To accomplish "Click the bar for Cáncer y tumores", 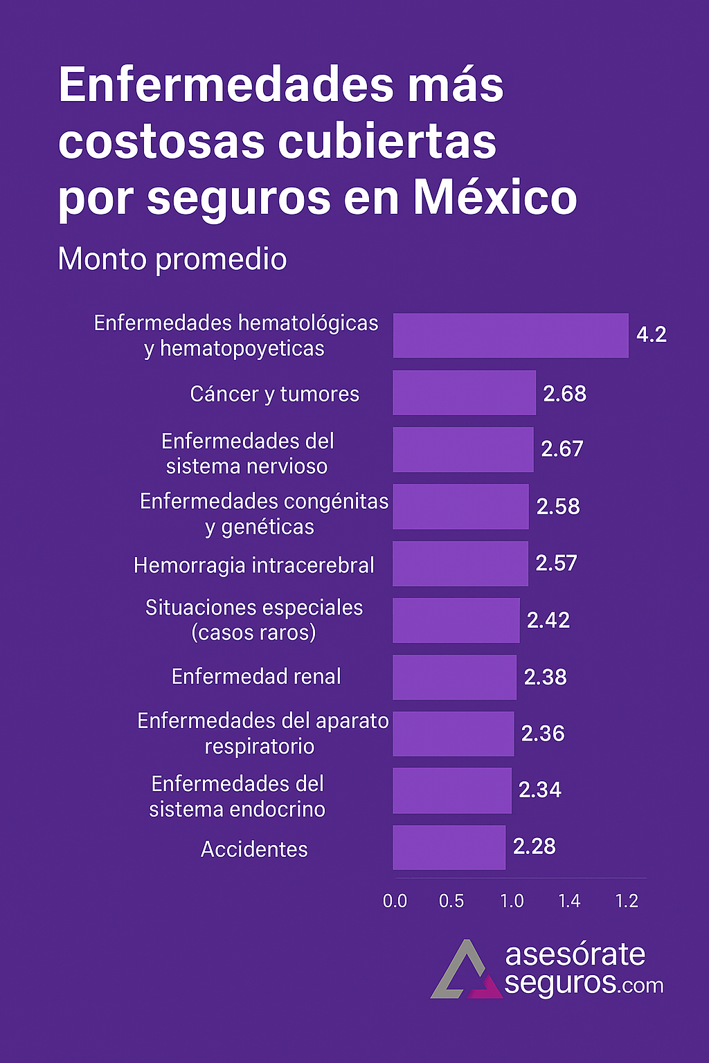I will click(x=464, y=393).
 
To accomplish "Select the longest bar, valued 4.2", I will click(x=510, y=336).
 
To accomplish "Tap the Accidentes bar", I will click(x=449, y=847).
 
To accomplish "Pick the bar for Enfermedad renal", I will click(x=454, y=677).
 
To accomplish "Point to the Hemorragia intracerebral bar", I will click(x=460, y=563).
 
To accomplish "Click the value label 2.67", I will click(x=562, y=449).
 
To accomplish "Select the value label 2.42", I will click(x=548, y=620).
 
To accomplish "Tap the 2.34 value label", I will click(x=540, y=790).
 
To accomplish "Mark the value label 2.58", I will click(x=558, y=507).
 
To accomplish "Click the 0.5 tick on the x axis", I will click(x=451, y=901).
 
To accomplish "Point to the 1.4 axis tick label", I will click(x=569, y=901).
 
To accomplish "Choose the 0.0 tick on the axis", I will click(x=395, y=901).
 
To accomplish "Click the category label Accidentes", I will click(x=254, y=849).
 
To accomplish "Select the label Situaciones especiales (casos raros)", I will click(x=254, y=619).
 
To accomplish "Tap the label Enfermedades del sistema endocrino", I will click(x=237, y=796).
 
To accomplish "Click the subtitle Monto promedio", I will click(x=172, y=260).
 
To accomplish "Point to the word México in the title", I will click(x=495, y=198).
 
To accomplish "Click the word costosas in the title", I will click(x=161, y=142).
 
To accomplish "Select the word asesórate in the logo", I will click(x=575, y=954).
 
